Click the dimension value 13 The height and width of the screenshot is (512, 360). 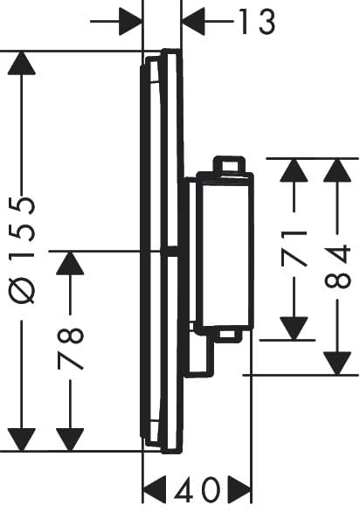coord(258,22)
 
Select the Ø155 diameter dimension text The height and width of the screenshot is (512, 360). coord(22,251)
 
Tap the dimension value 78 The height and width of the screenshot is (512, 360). coord(71,349)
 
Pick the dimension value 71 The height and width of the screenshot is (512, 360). coord(294,248)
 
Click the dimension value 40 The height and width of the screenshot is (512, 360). coord(197,489)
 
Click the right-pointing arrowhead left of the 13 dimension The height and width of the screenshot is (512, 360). coord(130,22)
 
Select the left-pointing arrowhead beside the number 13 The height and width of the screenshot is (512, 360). coord(194,22)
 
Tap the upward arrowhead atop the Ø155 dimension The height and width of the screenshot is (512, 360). coord(22,64)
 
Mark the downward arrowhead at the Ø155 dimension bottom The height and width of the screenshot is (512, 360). coord(22,439)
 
